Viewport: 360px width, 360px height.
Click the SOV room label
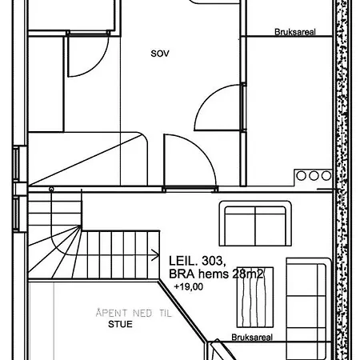point(160,54)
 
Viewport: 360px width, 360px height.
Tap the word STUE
point(120,324)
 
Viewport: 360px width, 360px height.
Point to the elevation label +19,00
point(189,286)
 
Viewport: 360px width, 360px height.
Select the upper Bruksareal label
point(295,32)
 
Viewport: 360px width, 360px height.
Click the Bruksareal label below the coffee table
point(252,337)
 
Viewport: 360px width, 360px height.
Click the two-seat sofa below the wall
point(255,223)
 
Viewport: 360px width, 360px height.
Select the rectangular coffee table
point(255,297)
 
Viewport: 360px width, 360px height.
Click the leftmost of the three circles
point(302,176)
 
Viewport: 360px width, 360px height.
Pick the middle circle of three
point(314,176)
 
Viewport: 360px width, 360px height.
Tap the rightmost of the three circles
point(326,176)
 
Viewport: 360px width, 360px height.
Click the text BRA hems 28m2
point(216,274)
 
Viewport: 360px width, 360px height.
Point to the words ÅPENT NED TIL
point(134,313)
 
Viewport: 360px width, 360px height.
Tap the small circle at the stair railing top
point(51,189)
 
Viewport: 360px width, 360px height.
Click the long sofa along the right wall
point(309,309)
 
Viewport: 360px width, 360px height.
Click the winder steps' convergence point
point(81,226)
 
